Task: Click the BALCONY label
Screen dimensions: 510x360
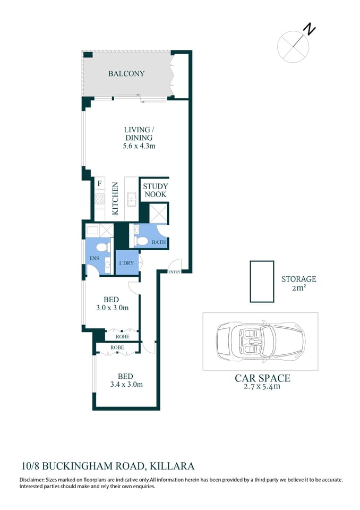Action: [126, 74]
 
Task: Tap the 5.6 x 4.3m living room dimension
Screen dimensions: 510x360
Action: [139, 146]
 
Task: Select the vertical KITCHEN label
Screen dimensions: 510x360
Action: [115, 198]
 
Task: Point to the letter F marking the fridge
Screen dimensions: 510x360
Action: [99, 184]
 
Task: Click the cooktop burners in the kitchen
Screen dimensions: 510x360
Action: [100, 199]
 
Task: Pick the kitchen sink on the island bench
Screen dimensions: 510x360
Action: [131, 200]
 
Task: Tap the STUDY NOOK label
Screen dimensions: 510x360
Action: [155, 190]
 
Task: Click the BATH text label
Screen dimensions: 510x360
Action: [159, 242]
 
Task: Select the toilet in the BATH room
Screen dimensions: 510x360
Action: [141, 241]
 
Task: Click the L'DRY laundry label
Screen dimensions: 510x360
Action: [126, 263]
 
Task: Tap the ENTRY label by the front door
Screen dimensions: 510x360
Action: [174, 272]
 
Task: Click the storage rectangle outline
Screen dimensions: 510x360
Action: [262, 282]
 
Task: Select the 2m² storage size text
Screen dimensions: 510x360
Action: [298, 288]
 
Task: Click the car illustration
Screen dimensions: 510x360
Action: [260, 341]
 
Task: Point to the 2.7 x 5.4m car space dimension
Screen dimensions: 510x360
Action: [262, 387]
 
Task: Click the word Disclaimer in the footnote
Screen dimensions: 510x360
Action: [33, 480]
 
